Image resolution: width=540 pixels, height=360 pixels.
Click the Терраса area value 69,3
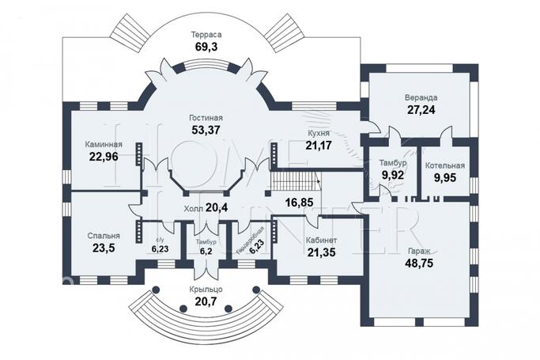(206, 47)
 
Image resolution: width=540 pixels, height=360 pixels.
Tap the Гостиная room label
(206, 118)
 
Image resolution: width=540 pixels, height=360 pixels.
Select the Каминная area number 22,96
(104, 157)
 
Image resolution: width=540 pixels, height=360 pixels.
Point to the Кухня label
(319, 133)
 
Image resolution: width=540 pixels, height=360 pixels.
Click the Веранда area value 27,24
(421, 109)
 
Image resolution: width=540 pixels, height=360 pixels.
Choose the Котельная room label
(444, 165)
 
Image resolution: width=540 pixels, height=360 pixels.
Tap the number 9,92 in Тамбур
(393, 175)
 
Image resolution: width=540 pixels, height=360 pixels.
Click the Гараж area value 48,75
(419, 263)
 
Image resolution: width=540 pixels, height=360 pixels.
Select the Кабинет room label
(321, 240)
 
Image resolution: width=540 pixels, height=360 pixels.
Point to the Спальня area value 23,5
(104, 248)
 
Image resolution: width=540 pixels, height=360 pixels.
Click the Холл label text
(194, 209)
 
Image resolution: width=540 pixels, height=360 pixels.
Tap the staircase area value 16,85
(300, 203)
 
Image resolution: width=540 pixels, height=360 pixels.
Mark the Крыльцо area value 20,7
(206, 301)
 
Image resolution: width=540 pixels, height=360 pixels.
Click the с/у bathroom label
(160, 240)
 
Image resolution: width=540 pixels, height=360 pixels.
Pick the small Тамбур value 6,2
(206, 251)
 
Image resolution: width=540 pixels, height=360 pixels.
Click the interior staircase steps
(294, 181)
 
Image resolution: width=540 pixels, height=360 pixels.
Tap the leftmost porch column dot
(156, 290)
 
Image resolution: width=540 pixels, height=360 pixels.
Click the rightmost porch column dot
(256, 290)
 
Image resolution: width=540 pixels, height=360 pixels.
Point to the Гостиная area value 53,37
(206, 130)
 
